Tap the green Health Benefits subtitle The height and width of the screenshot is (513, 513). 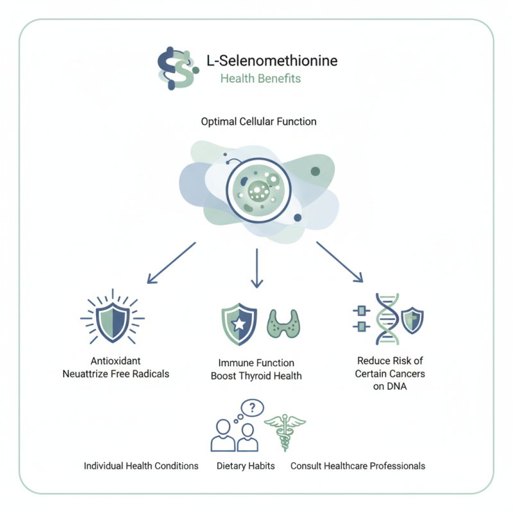[x=260, y=80]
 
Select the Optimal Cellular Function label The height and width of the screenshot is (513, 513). [x=258, y=121]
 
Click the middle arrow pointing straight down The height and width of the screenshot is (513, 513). [x=257, y=267]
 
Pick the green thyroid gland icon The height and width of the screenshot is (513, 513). [x=282, y=323]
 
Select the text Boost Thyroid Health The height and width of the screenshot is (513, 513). [x=256, y=376]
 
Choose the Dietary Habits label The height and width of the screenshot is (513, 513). [x=245, y=466]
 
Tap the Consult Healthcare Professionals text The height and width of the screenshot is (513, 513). [x=358, y=466]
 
